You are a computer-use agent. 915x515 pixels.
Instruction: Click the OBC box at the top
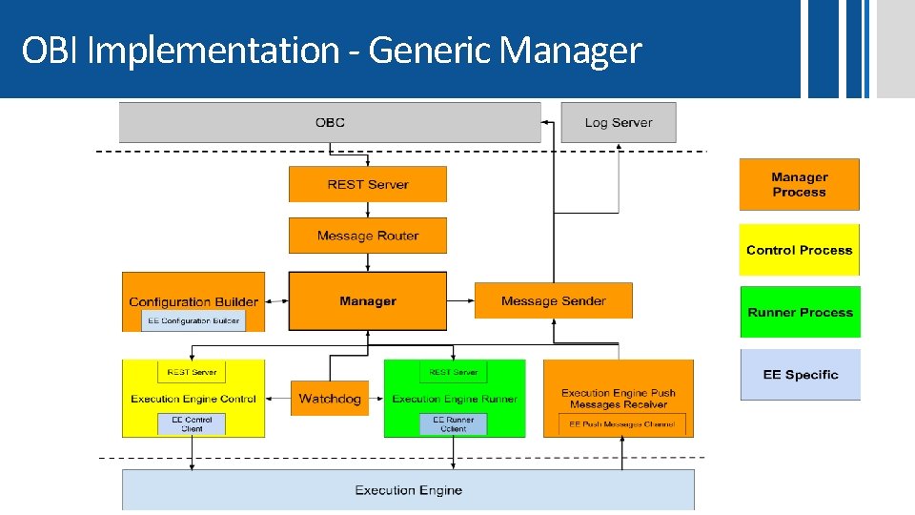pos(330,122)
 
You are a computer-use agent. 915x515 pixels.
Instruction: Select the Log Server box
pos(619,122)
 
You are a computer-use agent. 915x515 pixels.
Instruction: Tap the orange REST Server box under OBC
pos(367,184)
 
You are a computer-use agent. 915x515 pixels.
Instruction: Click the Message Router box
pos(367,236)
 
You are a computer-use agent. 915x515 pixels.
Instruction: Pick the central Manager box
pos(367,301)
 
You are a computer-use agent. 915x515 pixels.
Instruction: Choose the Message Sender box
pos(553,301)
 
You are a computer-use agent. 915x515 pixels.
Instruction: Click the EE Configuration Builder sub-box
pos(193,320)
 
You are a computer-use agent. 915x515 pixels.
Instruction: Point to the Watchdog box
pos(330,399)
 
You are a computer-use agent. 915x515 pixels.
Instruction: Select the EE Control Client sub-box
pos(193,424)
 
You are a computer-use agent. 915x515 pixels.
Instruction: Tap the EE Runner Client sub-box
pos(454,424)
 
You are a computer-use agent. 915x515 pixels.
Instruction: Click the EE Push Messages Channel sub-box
pos(621,424)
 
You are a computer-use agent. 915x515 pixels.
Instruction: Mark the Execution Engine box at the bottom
pos(408,490)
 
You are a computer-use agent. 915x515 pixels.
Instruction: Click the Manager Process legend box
pos(799,184)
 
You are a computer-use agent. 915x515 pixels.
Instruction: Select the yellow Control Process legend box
pos(799,250)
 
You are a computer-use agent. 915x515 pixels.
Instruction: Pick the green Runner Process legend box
pos(799,312)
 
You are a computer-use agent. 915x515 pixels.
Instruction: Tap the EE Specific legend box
pos(800,375)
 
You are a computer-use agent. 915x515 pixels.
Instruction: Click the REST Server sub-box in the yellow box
pos(192,372)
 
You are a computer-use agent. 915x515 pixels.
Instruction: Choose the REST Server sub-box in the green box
pos(454,372)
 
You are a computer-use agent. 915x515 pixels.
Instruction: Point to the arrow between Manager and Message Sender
pos(460,301)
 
